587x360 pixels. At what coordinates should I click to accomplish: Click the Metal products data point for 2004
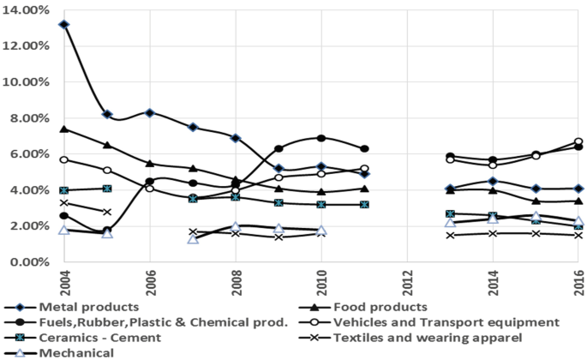[x=64, y=24]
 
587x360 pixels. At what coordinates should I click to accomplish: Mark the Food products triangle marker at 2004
[x=64, y=129]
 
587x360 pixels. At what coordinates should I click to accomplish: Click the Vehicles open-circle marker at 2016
[x=578, y=141]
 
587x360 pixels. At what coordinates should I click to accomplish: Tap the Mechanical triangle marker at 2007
[x=193, y=238]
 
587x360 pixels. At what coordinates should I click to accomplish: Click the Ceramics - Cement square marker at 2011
[x=364, y=204]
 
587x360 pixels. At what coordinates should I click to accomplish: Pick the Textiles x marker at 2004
[x=64, y=202]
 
